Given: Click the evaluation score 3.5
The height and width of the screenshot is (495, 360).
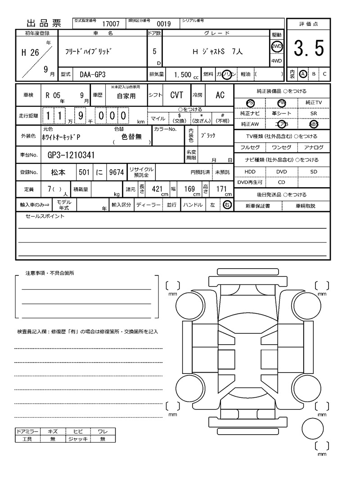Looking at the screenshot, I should tap(309, 49).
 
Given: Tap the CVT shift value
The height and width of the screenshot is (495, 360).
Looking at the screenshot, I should tap(176, 95).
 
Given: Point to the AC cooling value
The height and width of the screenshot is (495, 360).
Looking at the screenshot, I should tap(220, 95).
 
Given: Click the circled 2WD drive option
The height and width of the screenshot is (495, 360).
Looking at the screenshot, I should tap(276, 47).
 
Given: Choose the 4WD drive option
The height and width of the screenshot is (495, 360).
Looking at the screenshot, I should tap(276, 61).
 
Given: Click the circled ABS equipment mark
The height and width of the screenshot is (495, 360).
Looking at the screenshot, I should tap(313, 124).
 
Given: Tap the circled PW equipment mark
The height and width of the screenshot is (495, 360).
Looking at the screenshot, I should tap(282, 103).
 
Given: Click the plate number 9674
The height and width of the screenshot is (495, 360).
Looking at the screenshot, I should tap(116, 172).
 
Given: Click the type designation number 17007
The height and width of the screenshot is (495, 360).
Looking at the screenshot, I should tap(111, 24).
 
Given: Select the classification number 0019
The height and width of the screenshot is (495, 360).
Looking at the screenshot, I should tap(163, 24).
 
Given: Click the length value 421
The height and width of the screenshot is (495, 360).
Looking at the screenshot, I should tap(157, 189).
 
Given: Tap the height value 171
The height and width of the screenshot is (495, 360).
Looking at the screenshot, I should tap(221, 189).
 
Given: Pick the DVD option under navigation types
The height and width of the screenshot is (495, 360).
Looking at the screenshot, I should tap(281, 172).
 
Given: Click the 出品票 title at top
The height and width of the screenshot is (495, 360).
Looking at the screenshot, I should tap(44, 24).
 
